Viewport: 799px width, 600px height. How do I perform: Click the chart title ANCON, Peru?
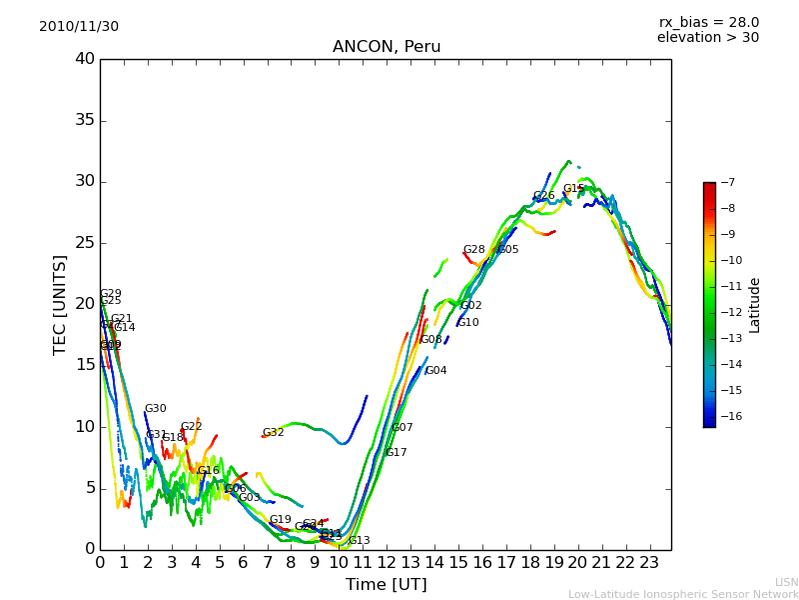tap(386, 47)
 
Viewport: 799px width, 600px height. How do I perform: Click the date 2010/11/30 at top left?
tap(79, 27)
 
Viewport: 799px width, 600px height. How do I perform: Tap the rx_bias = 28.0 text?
tap(708, 23)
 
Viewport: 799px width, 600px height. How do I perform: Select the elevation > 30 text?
tap(707, 38)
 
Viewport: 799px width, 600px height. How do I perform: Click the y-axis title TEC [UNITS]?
tap(60, 304)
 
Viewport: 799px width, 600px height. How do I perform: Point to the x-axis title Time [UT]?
tap(386, 585)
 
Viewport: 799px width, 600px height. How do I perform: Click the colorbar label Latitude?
tap(755, 305)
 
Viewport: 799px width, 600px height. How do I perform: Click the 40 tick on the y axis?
tap(85, 59)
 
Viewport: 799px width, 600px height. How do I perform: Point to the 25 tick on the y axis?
tap(85, 243)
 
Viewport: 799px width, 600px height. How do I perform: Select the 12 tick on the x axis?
tap(387, 563)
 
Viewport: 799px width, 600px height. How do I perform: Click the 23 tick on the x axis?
tap(649, 563)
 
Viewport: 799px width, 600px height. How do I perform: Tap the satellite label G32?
tap(273, 433)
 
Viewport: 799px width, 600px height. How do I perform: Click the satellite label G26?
tap(543, 197)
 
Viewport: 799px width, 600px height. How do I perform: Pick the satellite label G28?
tap(473, 250)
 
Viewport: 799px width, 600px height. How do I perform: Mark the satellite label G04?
tap(435, 371)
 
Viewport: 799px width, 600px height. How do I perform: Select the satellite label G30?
tap(155, 409)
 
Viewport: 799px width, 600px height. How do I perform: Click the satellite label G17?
tap(396, 453)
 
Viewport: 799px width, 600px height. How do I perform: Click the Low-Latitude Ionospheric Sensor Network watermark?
tap(683, 594)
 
